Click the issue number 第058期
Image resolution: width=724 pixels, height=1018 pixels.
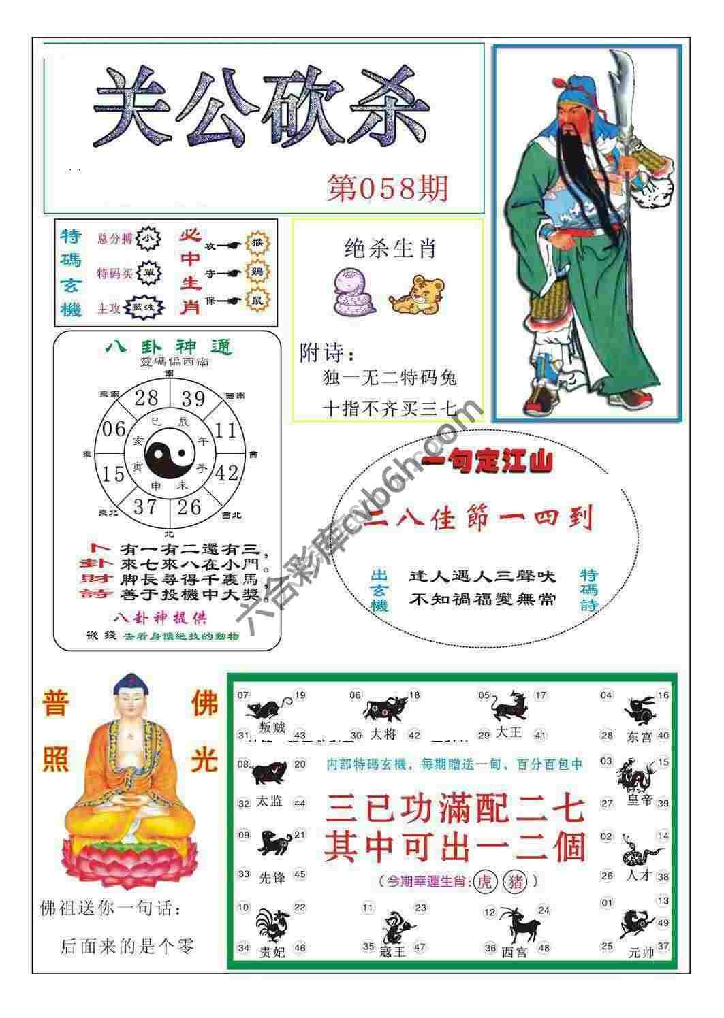click(388, 188)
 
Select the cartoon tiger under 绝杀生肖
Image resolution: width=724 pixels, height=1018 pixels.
click(416, 295)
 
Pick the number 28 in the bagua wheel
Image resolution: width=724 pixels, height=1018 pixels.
click(146, 397)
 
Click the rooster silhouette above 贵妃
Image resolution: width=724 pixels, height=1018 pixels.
click(272, 926)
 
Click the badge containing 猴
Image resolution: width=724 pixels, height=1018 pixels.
click(257, 243)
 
